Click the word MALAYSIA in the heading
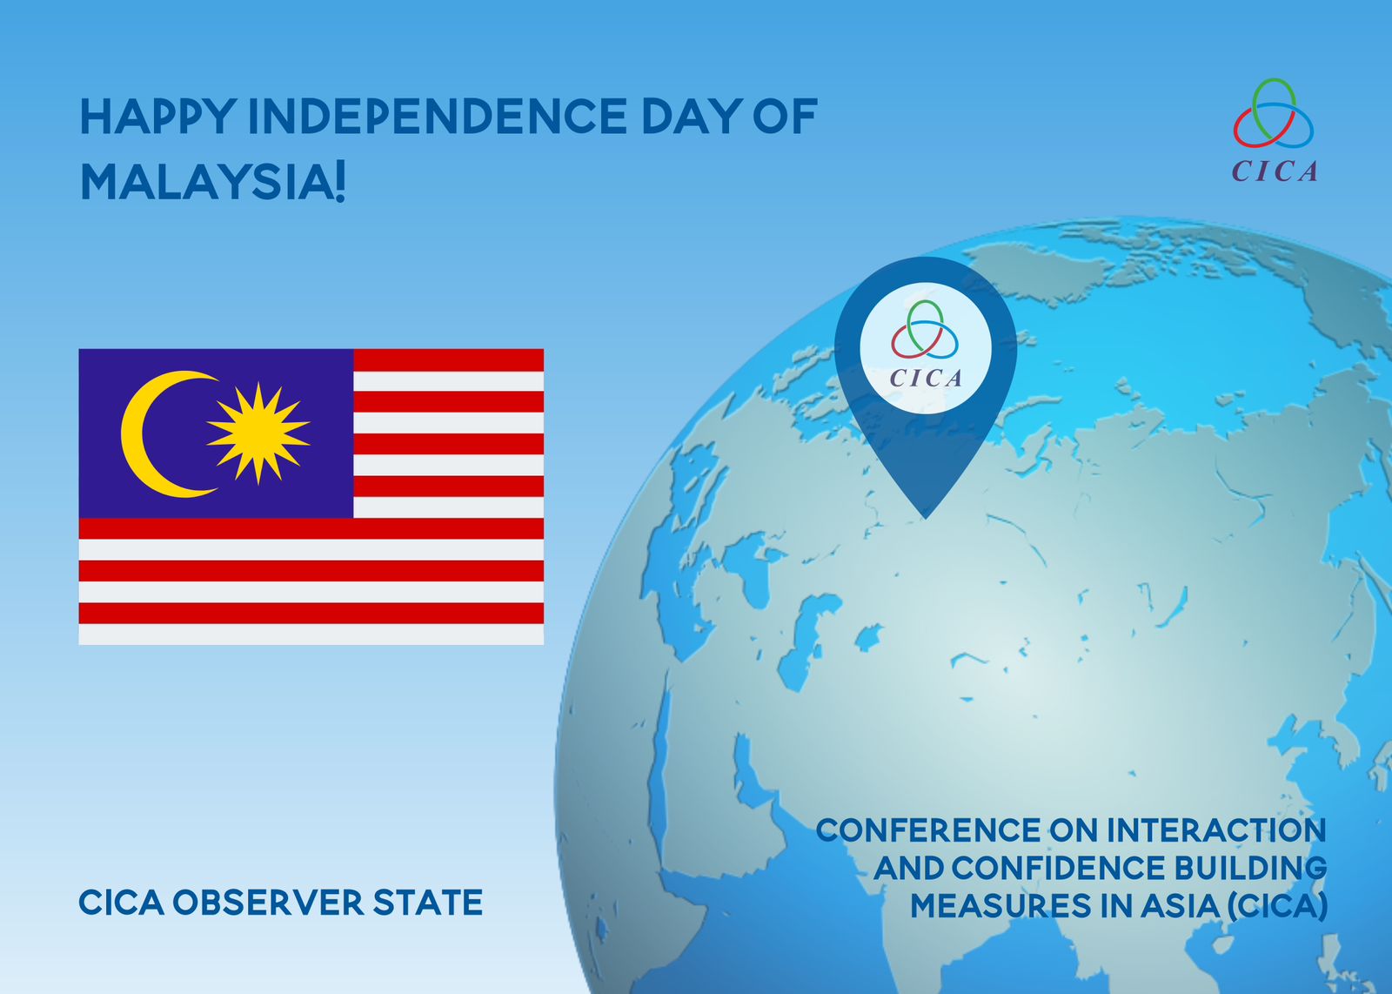pyautogui.click(x=204, y=183)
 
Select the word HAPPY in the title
pyautogui.click(x=157, y=117)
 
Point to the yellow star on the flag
pyautogui.click(x=258, y=433)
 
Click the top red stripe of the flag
pyautogui.click(x=448, y=360)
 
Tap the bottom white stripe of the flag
pyautogui.click(x=311, y=634)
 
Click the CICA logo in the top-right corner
pyautogui.click(x=1274, y=131)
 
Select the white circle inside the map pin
pyautogui.click(x=926, y=347)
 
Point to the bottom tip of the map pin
pyautogui.click(x=926, y=519)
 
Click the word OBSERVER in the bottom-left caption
pyautogui.click(x=268, y=902)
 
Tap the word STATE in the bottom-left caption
pyautogui.click(x=427, y=902)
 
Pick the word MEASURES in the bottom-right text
pyautogui.click(x=1000, y=906)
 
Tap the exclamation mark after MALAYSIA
pyautogui.click(x=338, y=184)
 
